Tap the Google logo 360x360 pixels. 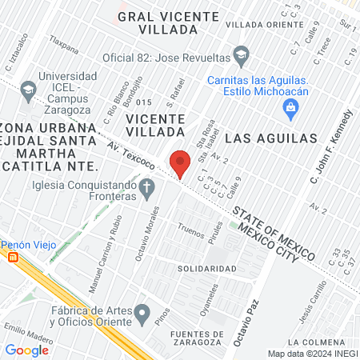click(x=27, y=350)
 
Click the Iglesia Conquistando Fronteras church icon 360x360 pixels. click(x=146, y=189)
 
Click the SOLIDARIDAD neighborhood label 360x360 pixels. click(x=206, y=269)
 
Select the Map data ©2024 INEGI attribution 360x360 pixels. click(x=311, y=353)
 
